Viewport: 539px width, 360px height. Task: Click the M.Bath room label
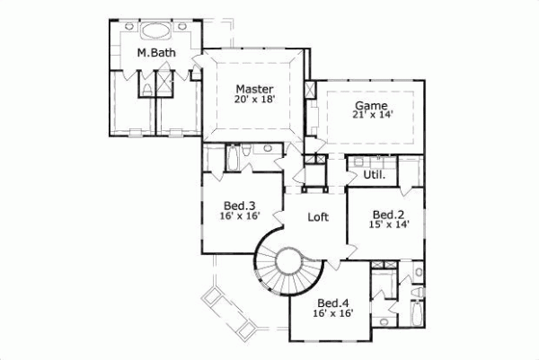click(156, 54)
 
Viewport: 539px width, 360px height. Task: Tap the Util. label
click(375, 174)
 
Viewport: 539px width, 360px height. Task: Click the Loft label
click(317, 217)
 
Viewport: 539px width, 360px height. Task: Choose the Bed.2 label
click(386, 215)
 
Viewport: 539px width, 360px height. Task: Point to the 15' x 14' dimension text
click(386, 226)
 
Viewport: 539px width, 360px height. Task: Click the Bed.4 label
click(331, 302)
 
